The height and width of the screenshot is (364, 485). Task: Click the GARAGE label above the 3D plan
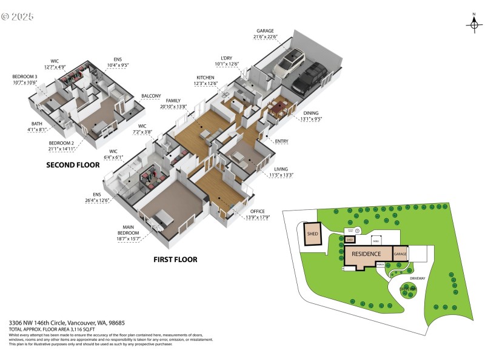265,30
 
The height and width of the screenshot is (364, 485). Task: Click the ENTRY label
282,141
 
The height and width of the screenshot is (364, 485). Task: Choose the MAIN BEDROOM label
129,230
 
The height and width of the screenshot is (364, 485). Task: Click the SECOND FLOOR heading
72,164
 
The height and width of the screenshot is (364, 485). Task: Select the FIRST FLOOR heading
175,259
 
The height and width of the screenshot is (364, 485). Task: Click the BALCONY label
151,96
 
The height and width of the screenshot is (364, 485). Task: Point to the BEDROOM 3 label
25,76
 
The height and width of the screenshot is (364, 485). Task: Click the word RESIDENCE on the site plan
366,254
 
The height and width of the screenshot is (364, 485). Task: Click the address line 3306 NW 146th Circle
67,323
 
